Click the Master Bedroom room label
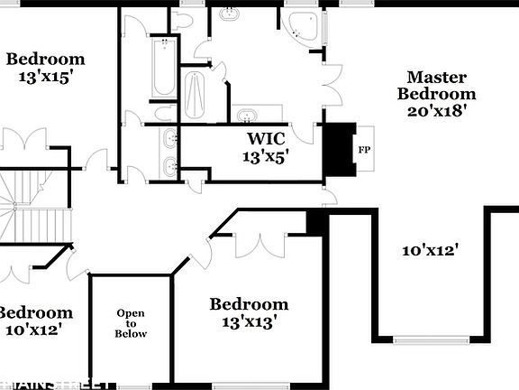437,85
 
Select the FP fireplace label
364,150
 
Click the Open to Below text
131,323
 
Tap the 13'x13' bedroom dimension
248,320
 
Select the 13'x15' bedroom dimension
45,77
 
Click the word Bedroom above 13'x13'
249,304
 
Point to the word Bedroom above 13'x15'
45,60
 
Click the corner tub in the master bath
300,28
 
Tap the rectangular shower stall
196,89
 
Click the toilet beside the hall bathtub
165,113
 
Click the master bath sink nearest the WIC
245,115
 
